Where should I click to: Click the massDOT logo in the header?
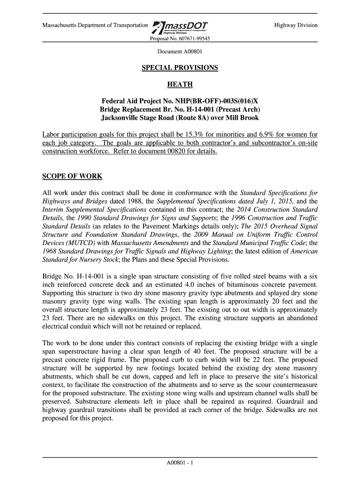180,27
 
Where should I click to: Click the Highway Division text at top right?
295,25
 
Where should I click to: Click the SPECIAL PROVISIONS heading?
180,68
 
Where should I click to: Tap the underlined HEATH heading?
180,85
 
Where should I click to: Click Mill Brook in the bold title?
243,118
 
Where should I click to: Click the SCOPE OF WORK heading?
72,176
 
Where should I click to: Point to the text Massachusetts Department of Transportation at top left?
94,25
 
